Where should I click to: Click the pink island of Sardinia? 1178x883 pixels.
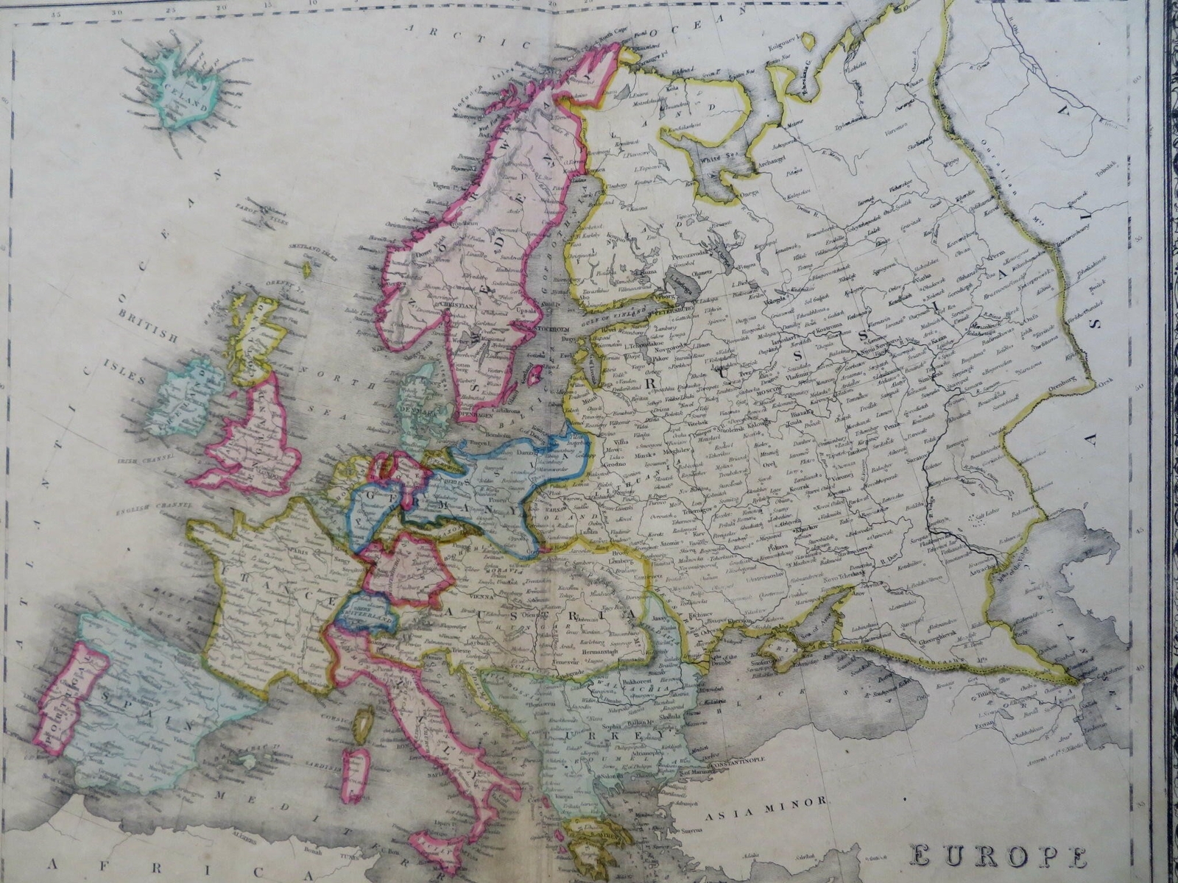356,772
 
